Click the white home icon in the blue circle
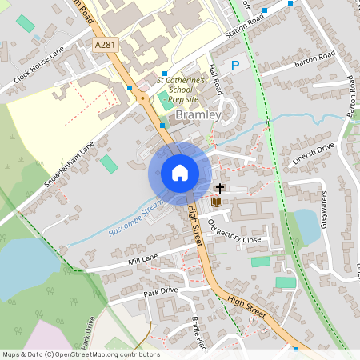(x=180, y=173)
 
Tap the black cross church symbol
(x=220, y=189)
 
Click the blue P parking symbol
(x=235, y=66)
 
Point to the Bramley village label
(x=197, y=115)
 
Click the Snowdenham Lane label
(x=70, y=164)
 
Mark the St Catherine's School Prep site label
(x=181, y=90)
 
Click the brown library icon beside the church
(x=216, y=202)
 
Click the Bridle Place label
(x=199, y=326)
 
